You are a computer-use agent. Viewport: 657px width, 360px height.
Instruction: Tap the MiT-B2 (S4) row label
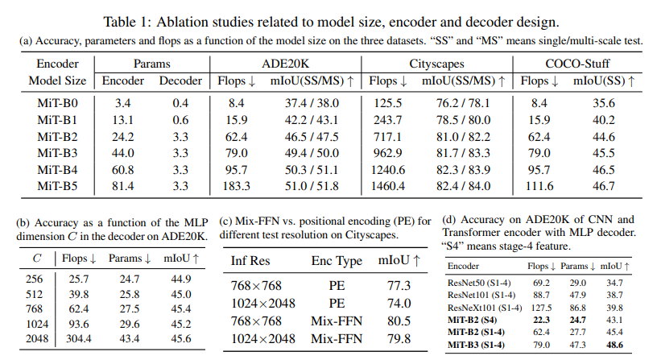(472, 319)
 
